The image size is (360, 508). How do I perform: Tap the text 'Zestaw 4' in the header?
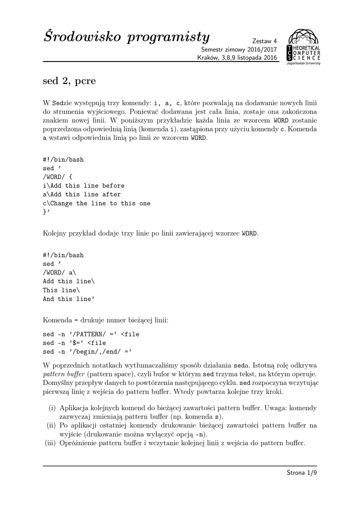(x=265, y=41)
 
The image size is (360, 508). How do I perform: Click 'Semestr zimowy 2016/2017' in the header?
(x=239, y=50)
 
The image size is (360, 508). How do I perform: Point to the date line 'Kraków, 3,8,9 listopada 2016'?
(x=237, y=58)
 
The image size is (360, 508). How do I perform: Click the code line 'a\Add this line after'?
(x=81, y=194)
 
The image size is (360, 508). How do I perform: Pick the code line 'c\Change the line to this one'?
(x=96, y=203)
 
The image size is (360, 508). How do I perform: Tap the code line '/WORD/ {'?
(x=58, y=177)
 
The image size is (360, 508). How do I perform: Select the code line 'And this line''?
(x=69, y=299)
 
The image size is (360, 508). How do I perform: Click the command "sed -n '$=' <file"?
(x=74, y=343)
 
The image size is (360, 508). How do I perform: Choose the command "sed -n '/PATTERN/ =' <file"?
(x=91, y=334)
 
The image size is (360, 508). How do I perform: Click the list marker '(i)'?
(x=52, y=408)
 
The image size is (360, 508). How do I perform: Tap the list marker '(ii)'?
(x=51, y=425)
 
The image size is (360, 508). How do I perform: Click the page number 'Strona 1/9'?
(x=301, y=473)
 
